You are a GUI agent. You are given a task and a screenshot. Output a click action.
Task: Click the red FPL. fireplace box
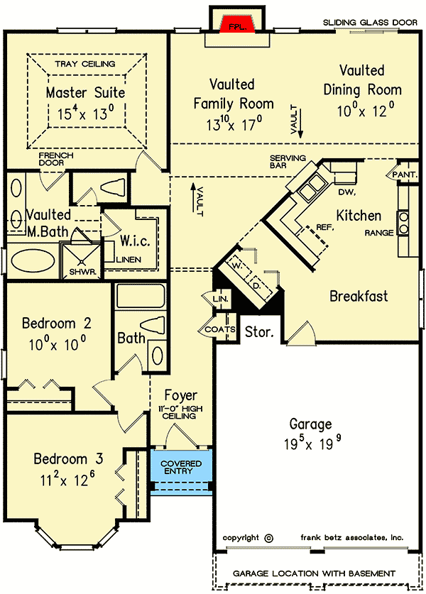tap(238, 25)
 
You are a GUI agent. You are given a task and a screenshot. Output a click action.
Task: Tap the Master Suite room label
tap(85, 92)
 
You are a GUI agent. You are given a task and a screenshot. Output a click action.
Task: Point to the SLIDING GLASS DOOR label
tap(371, 23)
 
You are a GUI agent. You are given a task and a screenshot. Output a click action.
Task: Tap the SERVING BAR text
tap(288, 161)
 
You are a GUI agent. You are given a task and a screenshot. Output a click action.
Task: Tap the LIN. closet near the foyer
tap(221, 299)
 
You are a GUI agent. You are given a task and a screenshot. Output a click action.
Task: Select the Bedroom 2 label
tap(57, 324)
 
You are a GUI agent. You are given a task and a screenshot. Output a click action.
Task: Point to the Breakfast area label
tap(359, 296)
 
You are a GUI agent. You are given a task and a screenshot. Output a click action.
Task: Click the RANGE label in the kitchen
tap(378, 232)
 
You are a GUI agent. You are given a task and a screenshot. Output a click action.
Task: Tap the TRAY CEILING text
tap(85, 65)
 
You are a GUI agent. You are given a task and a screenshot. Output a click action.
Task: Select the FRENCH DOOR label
tap(56, 158)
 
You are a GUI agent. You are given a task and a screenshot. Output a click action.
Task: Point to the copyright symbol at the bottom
tap(268, 538)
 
